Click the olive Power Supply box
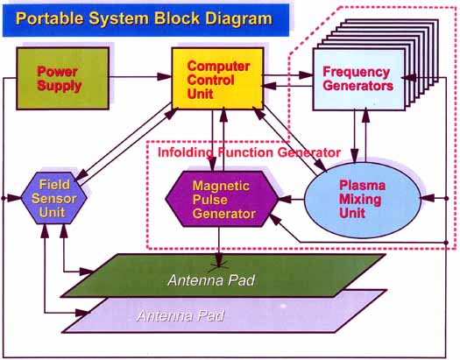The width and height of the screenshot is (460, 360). (x=63, y=79)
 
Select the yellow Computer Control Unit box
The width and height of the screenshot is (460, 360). (x=217, y=79)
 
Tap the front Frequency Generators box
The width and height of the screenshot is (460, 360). (x=359, y=80)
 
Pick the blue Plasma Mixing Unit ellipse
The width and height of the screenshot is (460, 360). (x=363, y=200)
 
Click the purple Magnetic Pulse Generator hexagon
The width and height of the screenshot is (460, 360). (x=222, y=199)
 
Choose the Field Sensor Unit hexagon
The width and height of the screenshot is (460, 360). (x=54, y=198)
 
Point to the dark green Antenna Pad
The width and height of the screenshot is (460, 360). (x=223, y=275)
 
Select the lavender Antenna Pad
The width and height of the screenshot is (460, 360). (x=224, y=311)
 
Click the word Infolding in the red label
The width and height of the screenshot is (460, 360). (x=186, y=152)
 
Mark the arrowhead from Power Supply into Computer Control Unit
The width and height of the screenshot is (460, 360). (x=165, y=77)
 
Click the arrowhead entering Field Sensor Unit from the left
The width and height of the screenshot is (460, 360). (x=15, y=198)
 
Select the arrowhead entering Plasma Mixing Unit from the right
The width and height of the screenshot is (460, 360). (x=428, y=199)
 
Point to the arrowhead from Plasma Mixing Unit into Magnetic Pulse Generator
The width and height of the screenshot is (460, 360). (x=285, y=200)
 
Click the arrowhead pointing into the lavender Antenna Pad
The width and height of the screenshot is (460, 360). (x=82, y=313)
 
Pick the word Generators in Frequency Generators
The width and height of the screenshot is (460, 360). (x=357, y=86)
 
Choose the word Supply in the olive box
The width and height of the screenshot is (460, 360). (x=60, y=86)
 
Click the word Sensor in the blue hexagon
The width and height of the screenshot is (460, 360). (x=54, y=199)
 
